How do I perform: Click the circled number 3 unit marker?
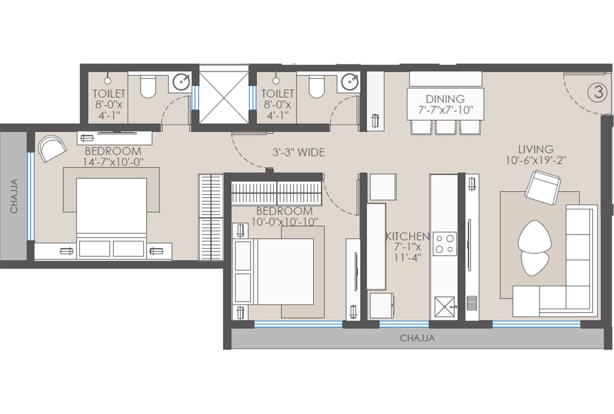click(598, 92)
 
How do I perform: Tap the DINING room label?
click(445, 99)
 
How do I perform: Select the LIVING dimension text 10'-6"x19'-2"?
click(536, 160)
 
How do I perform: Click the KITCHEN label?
click(407, 236)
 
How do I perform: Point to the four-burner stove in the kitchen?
click(445, 244)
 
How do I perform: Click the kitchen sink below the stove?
click(445, 306)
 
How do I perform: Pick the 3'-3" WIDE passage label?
click(298, 152)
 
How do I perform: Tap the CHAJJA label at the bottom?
click(417, 338)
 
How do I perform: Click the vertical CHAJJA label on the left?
click(14, 196)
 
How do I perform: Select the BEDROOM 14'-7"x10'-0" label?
click(113, 156)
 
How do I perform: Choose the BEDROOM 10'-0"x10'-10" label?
click(284, 216)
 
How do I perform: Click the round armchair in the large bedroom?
click(52, 148)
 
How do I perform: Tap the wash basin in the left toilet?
click(182, 82)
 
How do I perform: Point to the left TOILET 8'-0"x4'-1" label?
click(109, 104)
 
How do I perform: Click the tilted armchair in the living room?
click(542, 186)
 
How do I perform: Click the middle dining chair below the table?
click(445, 127)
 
